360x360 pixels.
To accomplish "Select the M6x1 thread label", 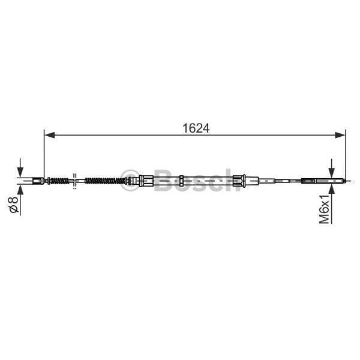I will pos(325,209).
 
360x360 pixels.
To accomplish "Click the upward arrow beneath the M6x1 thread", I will pos(331,191).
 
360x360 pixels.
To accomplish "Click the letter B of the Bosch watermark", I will pos(163,179).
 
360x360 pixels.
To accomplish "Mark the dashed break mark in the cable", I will pos(74,180).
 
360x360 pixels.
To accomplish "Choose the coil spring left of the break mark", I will pos(58,180).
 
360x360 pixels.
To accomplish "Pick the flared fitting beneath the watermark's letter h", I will pos(240,180).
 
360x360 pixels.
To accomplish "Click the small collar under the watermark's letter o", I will pos(182,180).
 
